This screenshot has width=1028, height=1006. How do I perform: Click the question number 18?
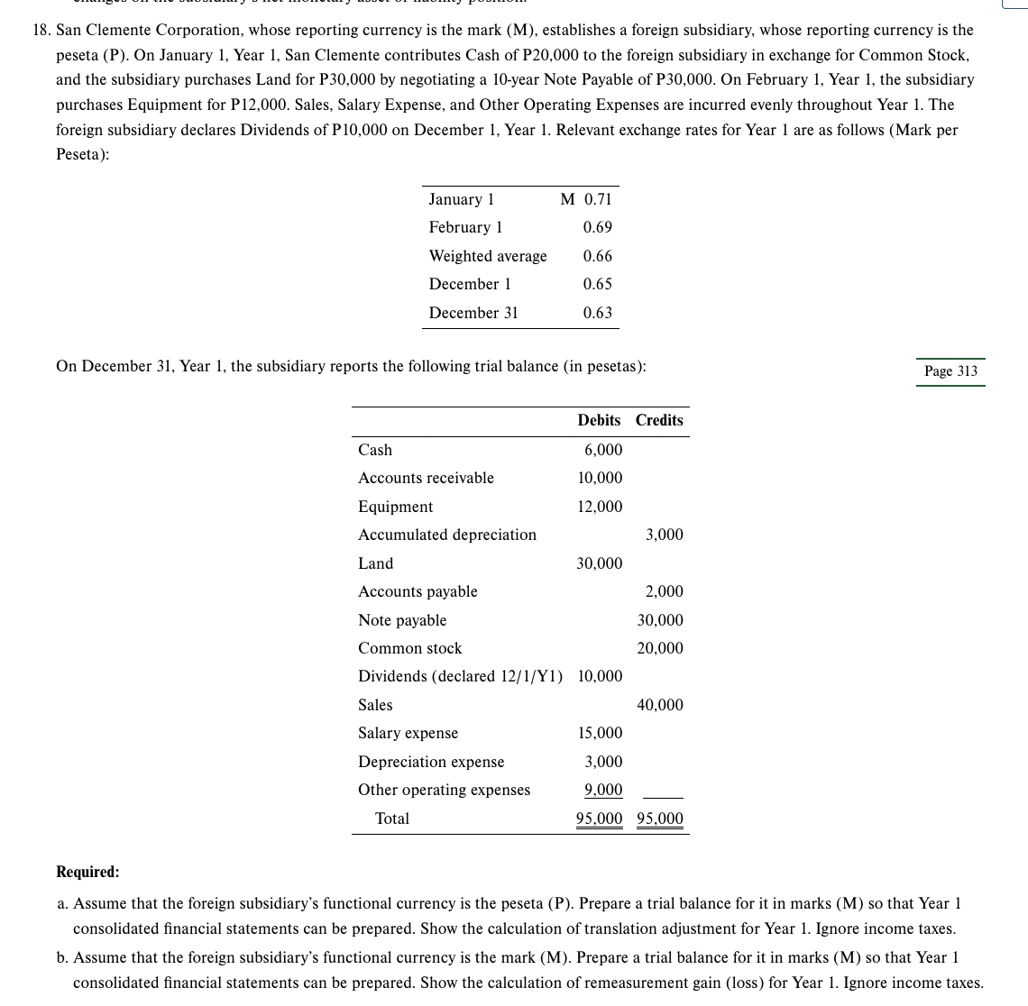pyautogui.click(x=41, y=31)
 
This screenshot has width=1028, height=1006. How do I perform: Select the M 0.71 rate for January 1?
pyautogui.click(x=585, y=199)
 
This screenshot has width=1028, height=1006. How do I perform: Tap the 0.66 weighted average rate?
pyautogui.click(x=597, y=256)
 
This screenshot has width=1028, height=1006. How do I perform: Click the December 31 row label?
pyautogui.click(x=473, y=313)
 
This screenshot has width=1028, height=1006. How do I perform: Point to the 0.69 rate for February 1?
pyautogui.click(x=597, y=227)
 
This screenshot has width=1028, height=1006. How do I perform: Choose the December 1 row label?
pyautogui.click(x=470, y=284)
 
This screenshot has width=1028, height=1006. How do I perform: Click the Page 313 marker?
pyautogui.click(x=950, y=371)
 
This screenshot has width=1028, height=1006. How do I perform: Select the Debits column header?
pyautogui.click(x=599, y=420)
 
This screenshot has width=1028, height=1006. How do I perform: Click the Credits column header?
pyautogui.click(x=659, y=420)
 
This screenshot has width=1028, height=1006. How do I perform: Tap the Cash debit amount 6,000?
pyautogui.click(x=603, y=450)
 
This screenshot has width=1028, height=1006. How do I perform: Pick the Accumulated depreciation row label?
pyautogui.click(x=447, y=535)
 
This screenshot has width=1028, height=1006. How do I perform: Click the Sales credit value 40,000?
pyautogui.click(x=660, y=705)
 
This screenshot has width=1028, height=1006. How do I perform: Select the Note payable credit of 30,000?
pyautogui.click(x=660, y=620)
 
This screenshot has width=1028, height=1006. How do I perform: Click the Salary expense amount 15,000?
pyautogui.click(x=600, y=734)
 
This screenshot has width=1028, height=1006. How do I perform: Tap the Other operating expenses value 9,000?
pyautogui.click(x=603, y=790)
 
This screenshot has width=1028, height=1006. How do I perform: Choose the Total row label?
pyautogui.click(x=392, y=819)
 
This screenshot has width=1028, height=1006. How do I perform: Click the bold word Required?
pyautogui.click(x=87, y=872)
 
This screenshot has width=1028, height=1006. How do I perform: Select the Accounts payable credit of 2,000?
pyautogui.click(x=665, y=591)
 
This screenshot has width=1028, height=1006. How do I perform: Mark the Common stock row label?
pyautogui.click(x=409, y=648)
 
